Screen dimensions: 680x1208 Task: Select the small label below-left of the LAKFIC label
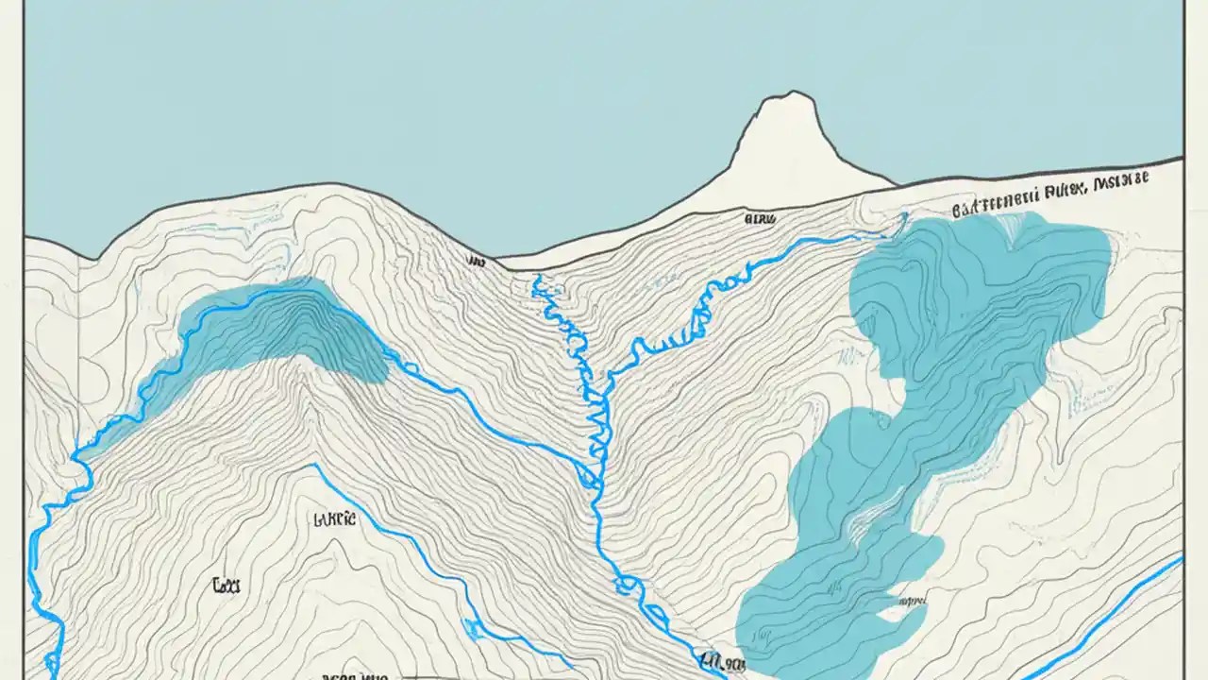click(x=226, y=586)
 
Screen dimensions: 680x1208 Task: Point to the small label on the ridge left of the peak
click(x=760, y=218)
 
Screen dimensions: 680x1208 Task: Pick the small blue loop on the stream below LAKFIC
click(x=469, y=624)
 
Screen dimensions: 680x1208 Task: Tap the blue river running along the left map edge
click(x=42, y=586)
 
